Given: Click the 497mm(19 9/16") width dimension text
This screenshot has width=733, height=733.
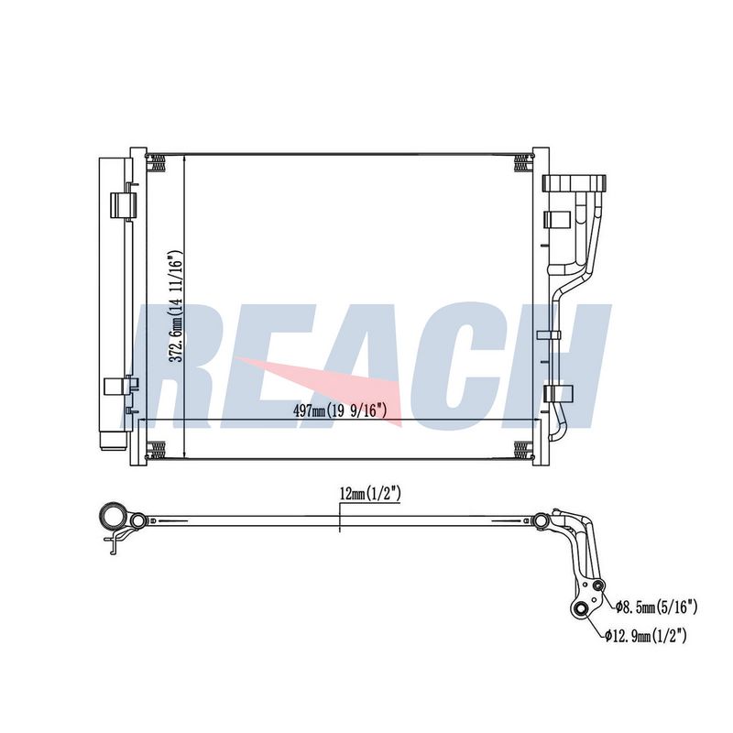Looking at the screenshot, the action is (x=340, y=410).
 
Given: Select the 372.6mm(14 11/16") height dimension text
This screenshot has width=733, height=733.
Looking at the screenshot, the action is (x=175, y=307).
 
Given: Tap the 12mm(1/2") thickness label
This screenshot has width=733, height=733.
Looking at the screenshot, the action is (x=370, y=494).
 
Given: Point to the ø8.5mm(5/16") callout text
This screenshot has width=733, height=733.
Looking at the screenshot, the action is (x=656, y=607).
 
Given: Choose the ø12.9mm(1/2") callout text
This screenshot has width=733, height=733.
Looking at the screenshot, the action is (x=645, y=635).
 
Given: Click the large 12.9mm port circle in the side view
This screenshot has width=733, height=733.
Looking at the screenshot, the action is (x=581, y=609).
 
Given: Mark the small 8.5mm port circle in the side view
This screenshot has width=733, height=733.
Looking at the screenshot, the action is (x=598, y=586).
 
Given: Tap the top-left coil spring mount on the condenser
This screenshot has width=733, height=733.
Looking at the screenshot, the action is (x=156, y=163).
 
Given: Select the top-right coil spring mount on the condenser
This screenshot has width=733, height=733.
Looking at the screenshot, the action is (x=523, y=163).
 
